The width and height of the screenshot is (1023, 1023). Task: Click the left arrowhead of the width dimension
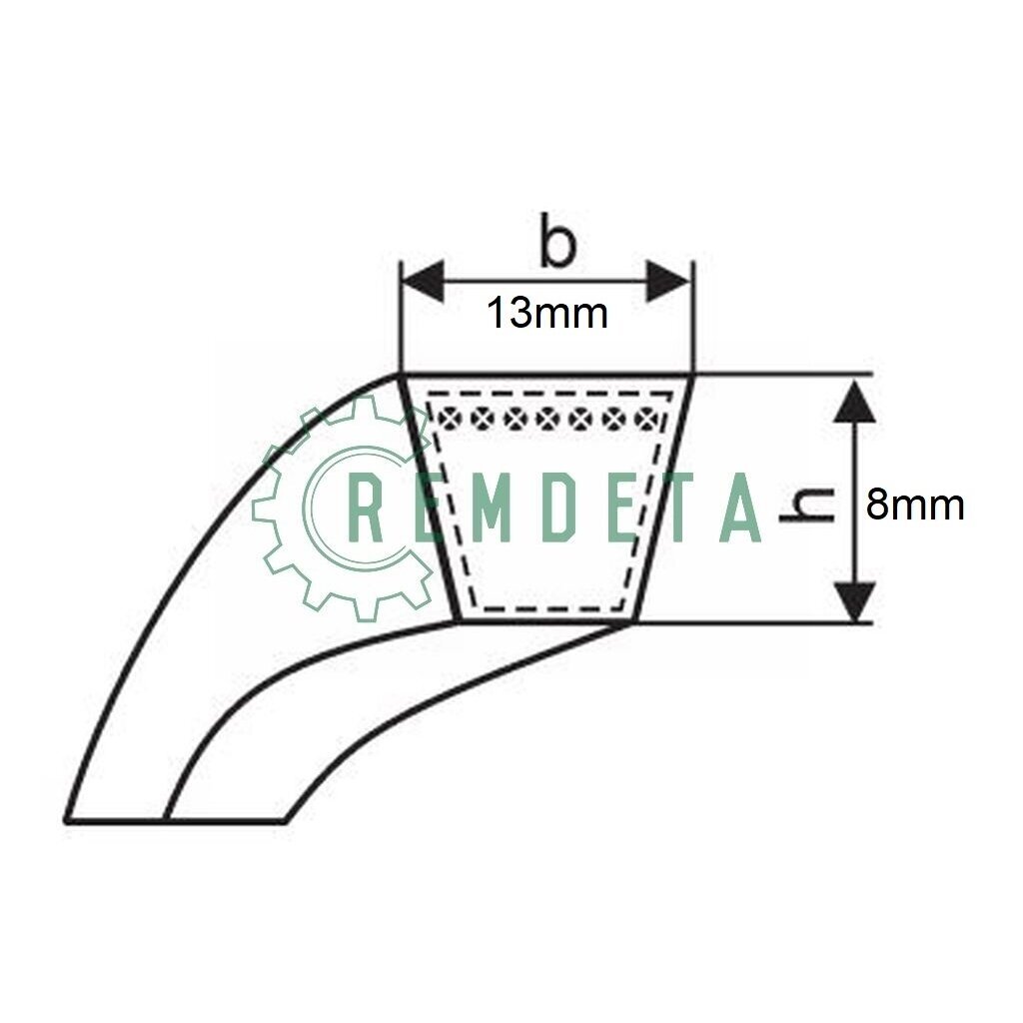click(x=424, y=282)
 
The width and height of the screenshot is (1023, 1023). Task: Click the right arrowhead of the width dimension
click(x=668, y=282)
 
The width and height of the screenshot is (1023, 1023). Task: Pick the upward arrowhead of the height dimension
click(x=855, y=402)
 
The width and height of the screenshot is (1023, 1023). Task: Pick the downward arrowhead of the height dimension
click(x=855, y=602)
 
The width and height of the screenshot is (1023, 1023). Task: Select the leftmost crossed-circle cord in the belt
click(x=450, y=418)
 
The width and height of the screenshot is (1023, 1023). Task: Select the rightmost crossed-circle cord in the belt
click(x=644, y=418)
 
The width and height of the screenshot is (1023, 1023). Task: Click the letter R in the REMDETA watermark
click(x=369, y=508)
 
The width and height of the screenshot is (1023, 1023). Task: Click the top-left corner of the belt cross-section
click(x=401, y=376)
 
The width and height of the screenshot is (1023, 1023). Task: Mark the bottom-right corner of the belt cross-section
click(x=631, y=622)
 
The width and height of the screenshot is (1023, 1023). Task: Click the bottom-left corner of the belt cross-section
click(x=458, y=622)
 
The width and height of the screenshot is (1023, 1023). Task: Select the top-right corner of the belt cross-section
click(x=693, y=376)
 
